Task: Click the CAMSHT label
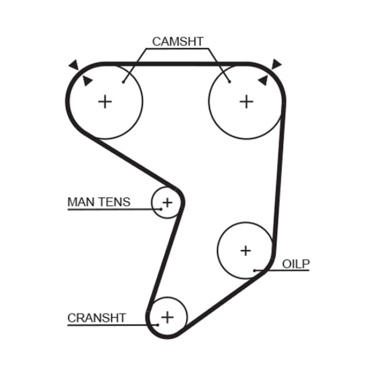pos(177,41)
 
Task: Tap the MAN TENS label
pos(99,202)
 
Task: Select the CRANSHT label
pos(96,318)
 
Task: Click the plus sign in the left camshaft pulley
pos(104,102)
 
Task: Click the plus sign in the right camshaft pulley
pos(246,102)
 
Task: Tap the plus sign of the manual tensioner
pos(167,202)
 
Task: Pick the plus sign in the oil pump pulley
pos(246,250)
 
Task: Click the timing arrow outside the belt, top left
pos(73,65)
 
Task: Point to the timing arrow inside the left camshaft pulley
pos(87,81)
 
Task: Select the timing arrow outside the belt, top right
pos(278,64)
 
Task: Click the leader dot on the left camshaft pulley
pos(124,81)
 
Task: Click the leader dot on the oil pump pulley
pos(254,270)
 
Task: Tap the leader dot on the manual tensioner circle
pos(161,209)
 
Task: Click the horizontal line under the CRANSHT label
pos(109,325)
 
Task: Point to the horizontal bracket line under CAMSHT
pos(177,49)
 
